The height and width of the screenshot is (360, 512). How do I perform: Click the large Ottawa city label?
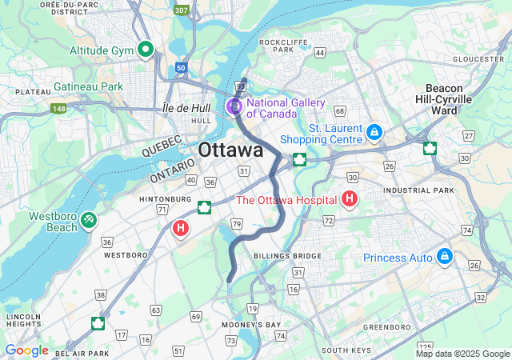coord(230,150)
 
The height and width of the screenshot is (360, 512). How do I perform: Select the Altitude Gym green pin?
coord(146,50)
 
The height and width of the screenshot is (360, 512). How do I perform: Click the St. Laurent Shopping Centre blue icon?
coord(373,130)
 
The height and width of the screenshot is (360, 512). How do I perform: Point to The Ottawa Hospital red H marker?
coord(350,198)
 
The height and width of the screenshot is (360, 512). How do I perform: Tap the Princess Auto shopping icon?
coord(444,257)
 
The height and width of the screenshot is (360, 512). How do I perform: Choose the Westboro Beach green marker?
coord(90,217)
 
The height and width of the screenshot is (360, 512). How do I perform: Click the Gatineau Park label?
coord(88,86)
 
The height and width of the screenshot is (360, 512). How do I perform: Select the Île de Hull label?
coord(186,107)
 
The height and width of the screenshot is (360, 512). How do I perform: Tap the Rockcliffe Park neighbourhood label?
coord(278,45)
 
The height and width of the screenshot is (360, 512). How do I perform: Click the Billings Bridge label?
coord(287,256)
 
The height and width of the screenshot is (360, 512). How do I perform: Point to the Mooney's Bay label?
coord(252,325)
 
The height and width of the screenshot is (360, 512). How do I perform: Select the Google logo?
coord(26,350)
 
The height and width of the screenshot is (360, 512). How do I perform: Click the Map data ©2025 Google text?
coord(462,354)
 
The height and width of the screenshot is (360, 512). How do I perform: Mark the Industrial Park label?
coord(418,190)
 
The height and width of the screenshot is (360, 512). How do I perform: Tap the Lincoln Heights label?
coord(23,320)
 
